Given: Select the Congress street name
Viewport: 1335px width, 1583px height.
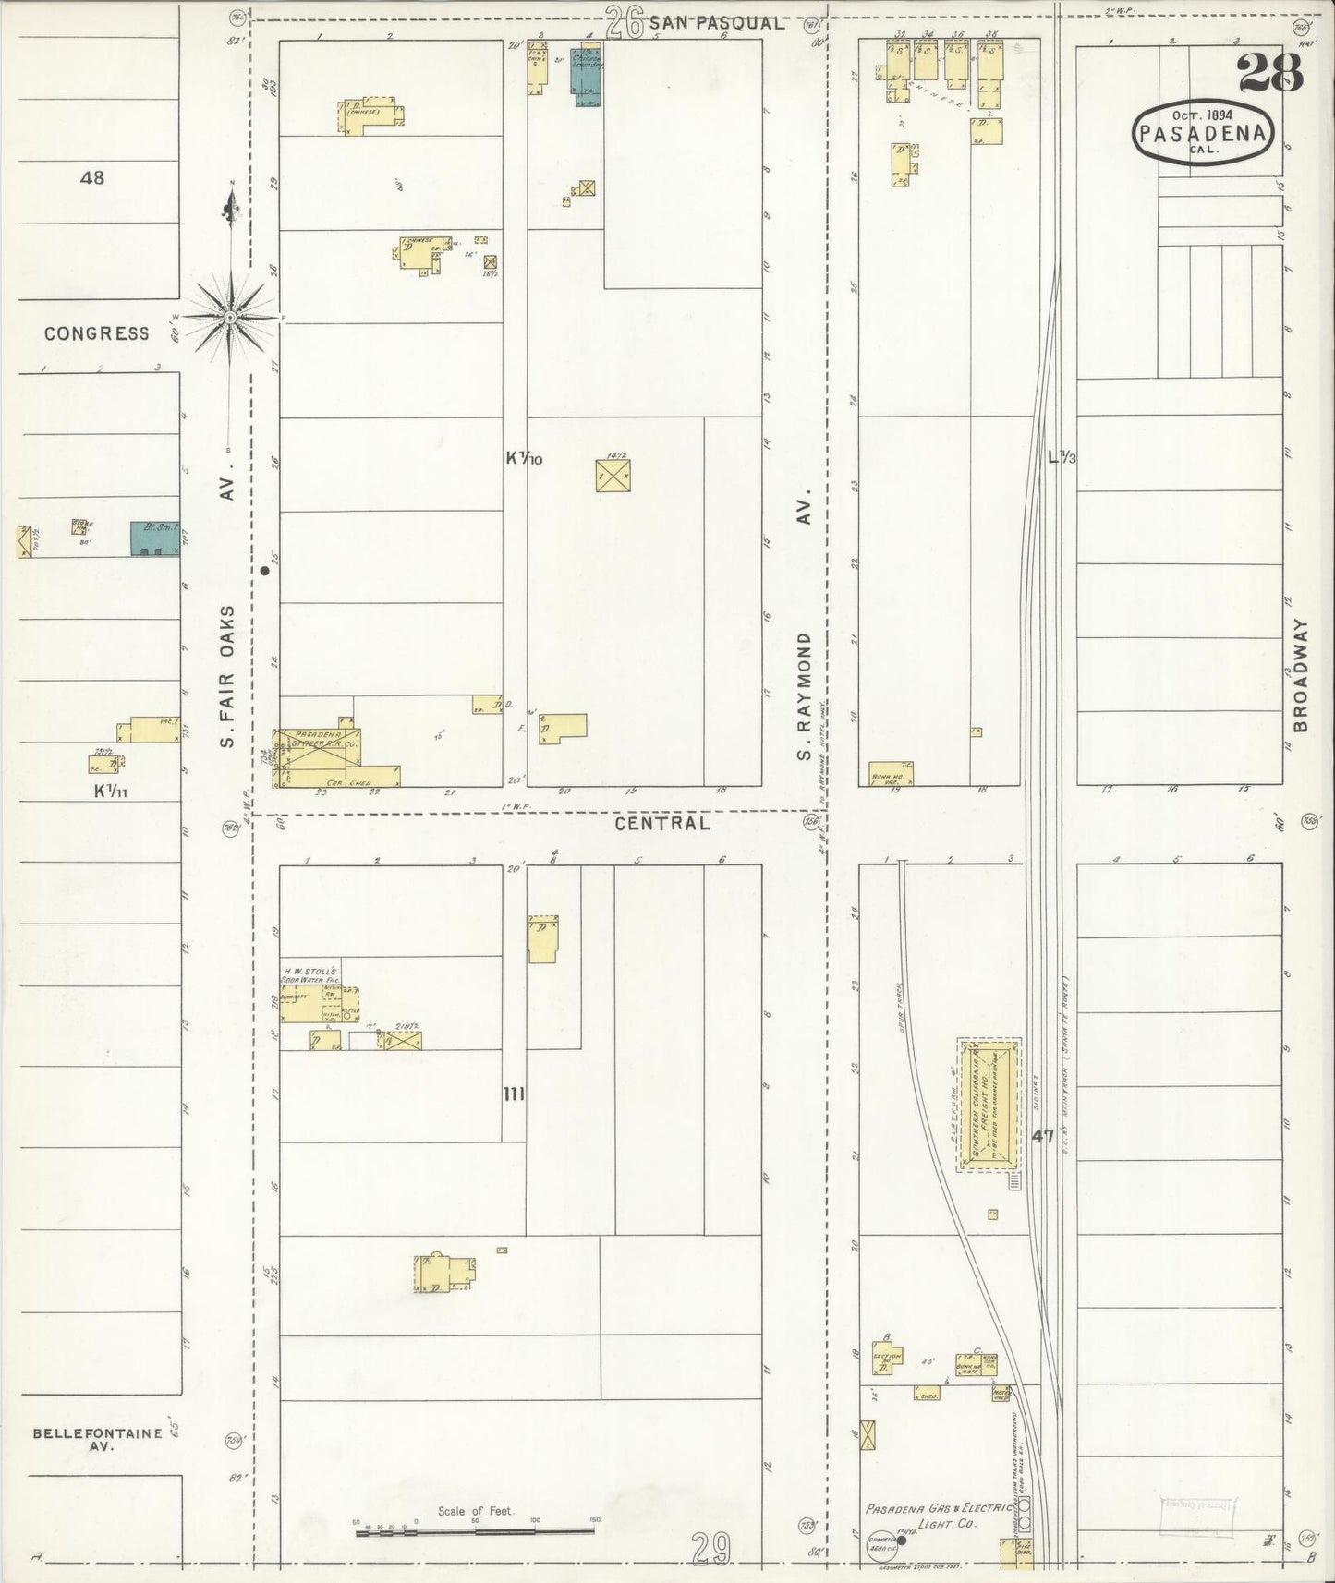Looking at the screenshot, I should (x=96, y=333).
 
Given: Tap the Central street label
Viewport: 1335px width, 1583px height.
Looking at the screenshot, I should (x=663, y=823).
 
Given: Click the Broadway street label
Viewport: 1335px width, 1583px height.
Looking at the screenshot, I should (x=1301, y=675).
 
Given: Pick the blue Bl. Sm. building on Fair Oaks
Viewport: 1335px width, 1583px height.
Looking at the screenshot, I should (x=152, y=538).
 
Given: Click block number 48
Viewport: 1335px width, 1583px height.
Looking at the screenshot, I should (x=92, y=177).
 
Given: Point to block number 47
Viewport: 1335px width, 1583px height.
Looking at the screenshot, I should (x=1042, y=1137).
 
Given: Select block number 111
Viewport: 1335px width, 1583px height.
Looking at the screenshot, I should (x=514, y=1094).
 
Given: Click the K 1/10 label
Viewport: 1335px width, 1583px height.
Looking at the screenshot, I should (x=524, y=458).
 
